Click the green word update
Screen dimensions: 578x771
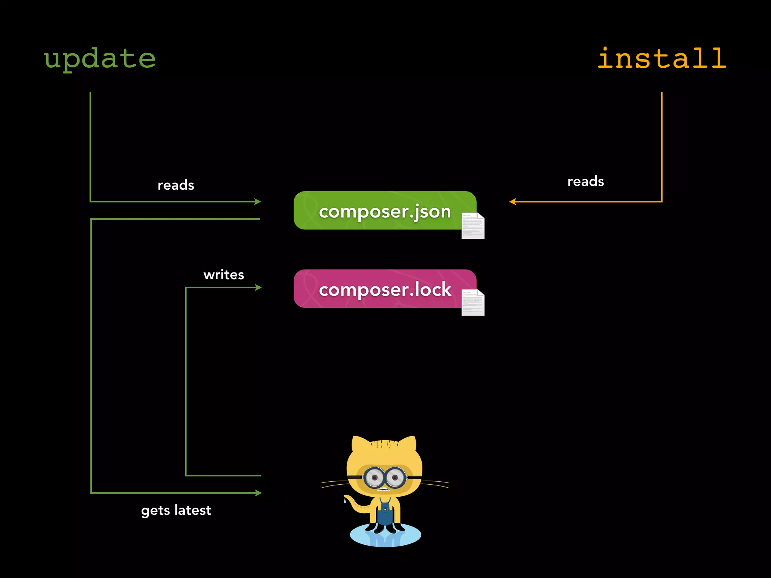[100, 59]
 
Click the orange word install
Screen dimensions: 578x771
[661, 59]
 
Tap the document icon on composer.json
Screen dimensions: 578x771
[473, 226]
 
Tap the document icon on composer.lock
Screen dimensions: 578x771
[473, 303]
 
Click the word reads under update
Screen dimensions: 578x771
[176, 185]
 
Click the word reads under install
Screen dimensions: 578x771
[585, 181]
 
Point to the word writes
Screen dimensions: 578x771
[224, 275]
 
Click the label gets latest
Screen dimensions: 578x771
[176, 510]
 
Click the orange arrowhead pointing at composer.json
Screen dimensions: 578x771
[512, 202]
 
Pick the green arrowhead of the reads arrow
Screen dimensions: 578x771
[258, 202]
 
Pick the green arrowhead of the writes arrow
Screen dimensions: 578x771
[258, 287]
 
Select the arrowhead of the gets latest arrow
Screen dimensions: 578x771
[258, 493]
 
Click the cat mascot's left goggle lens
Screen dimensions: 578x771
[374, 478]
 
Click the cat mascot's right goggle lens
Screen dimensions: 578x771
[395, 478]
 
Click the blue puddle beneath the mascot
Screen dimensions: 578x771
[385, 536]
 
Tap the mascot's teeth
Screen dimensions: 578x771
[384, 490]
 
